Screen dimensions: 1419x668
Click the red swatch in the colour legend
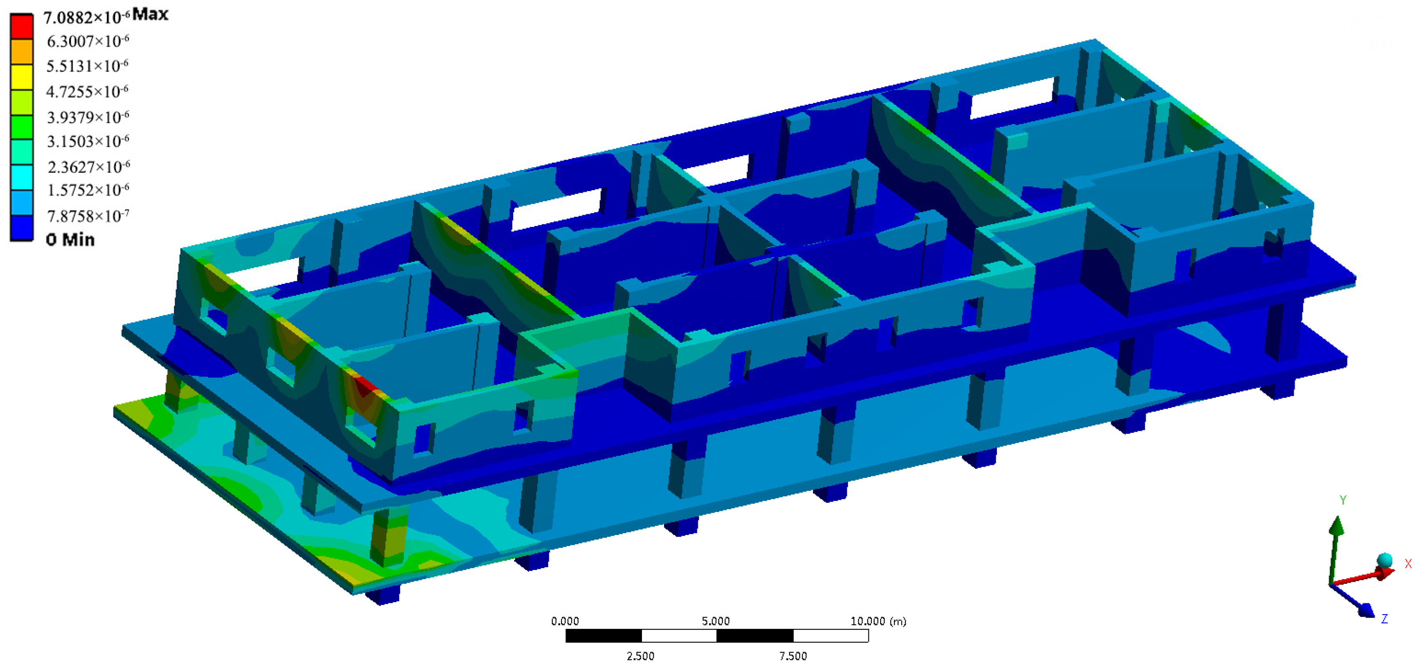[22, 26]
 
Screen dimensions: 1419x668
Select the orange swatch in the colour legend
[22, 51]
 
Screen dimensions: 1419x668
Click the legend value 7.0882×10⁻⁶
[86, 18]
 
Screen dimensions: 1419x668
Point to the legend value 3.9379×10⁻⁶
[88, 117]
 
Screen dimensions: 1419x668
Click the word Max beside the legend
[151, 14]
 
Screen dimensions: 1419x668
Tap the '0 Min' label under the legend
[70, 240]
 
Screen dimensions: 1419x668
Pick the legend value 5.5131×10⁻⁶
[87, 66]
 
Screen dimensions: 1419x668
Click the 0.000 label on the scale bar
[565, 621]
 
